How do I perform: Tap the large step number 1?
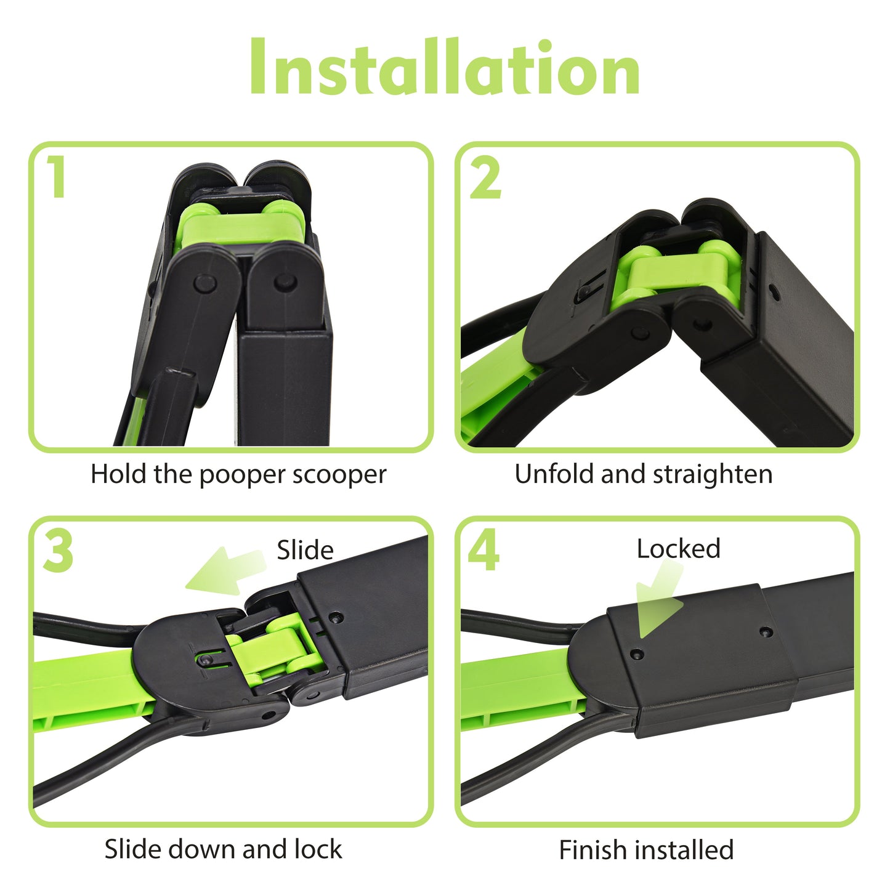56,176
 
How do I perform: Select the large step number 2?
485,178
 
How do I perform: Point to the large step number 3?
58,551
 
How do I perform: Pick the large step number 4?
484,549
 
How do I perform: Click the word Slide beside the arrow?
305,550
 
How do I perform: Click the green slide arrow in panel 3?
226,571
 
